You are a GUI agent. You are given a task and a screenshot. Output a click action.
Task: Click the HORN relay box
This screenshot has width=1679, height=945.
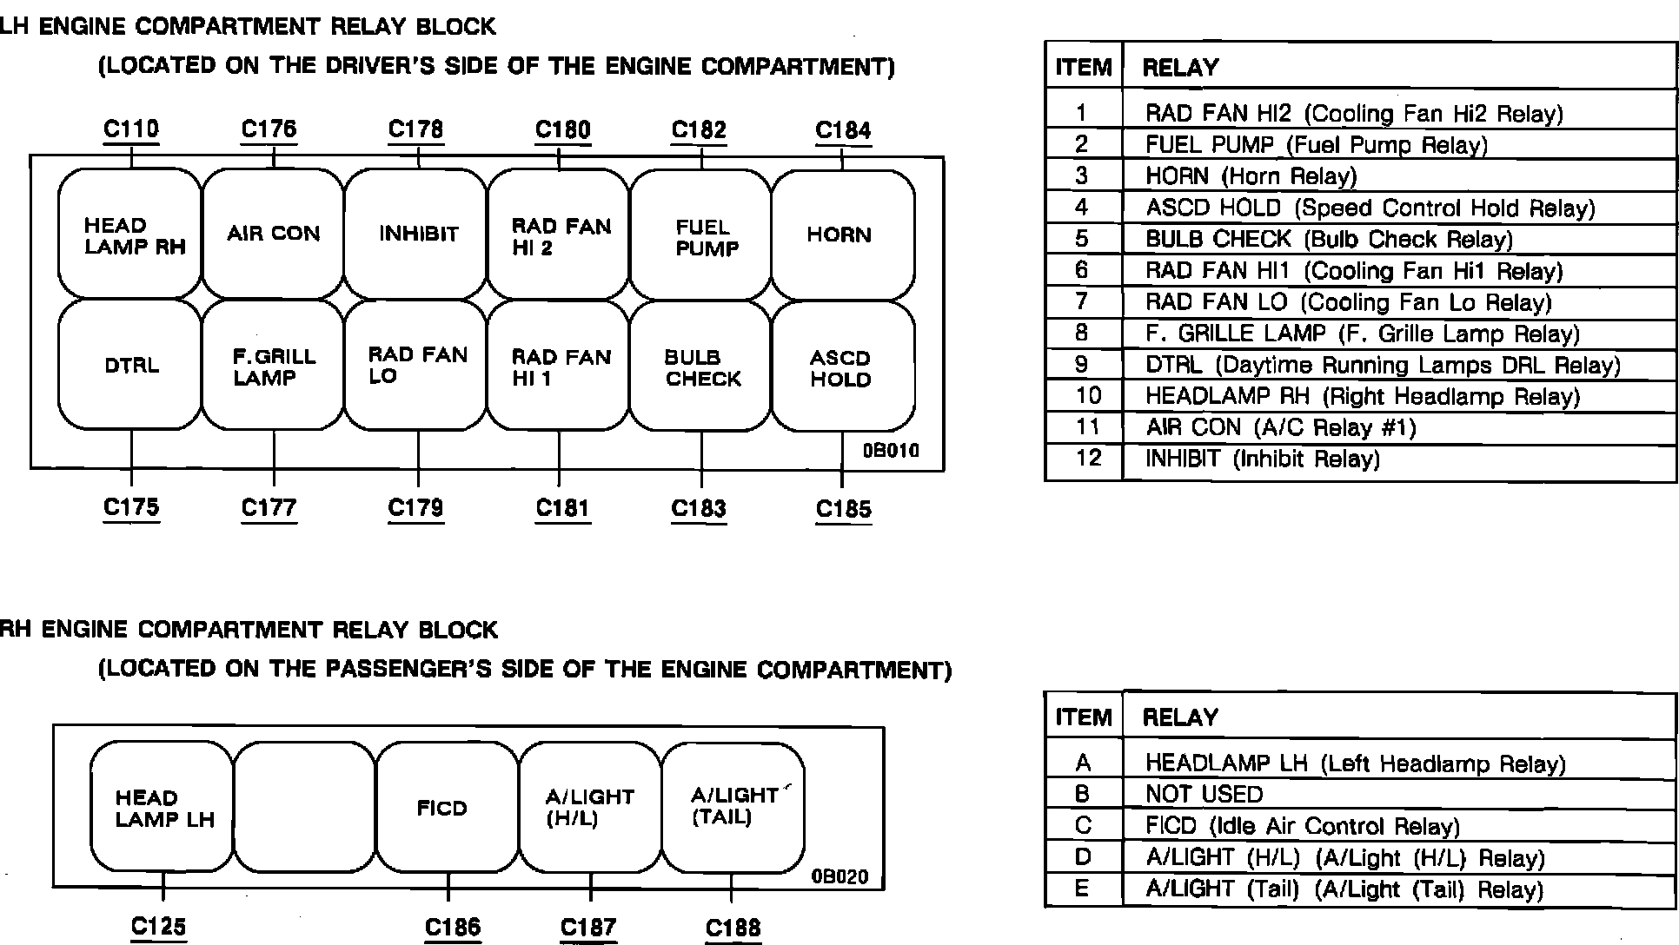[x=842, y=235]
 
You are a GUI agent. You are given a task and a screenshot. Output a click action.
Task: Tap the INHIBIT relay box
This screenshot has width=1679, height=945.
[x=416, y=234]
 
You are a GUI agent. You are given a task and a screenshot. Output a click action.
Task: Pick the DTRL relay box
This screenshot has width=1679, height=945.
[x=130, y=365]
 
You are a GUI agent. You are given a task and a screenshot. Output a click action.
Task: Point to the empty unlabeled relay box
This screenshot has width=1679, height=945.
[x=304, y=807]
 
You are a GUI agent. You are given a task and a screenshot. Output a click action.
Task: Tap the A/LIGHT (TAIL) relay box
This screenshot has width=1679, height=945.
[x=733, y=807]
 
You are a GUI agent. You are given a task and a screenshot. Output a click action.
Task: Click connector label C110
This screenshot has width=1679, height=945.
[x=131, y=129]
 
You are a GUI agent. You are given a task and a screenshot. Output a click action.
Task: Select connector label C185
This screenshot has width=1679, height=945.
[x=843, y=509]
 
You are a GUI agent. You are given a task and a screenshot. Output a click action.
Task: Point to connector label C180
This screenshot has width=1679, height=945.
[x=562, y=130]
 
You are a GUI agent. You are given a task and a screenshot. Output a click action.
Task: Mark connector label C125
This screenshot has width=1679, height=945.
[x=158, y=927]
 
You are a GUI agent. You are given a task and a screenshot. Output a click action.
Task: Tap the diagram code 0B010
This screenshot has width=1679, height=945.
[x=890, y=451]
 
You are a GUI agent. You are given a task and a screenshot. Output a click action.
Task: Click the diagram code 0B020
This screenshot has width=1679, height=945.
[x=839, y=876]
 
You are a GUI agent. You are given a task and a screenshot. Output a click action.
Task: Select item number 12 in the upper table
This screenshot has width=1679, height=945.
[x=1087, y=458]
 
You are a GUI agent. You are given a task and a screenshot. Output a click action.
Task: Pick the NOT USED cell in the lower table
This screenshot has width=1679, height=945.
[x=1204, y=794]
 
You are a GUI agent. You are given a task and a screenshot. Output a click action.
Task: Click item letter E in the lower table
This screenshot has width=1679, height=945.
[x=1082, y=889]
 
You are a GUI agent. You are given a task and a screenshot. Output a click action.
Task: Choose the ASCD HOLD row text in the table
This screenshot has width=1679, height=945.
[x=1370, y=208]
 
